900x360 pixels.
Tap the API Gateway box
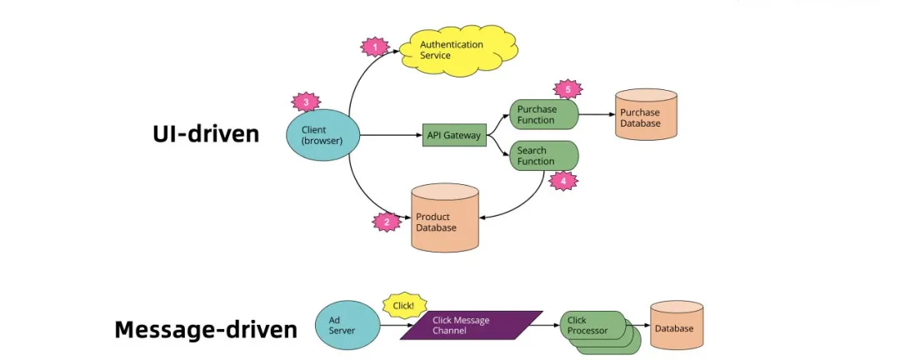454,135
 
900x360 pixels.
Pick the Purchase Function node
544,114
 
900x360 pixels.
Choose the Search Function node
544,156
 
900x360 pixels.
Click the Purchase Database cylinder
646,117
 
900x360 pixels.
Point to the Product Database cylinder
445,218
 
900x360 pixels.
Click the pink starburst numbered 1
374,47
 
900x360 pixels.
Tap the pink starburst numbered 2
385,222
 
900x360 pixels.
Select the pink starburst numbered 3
306,102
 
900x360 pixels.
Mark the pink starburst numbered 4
562,180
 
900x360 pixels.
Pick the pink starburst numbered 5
567,88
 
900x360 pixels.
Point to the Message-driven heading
205,330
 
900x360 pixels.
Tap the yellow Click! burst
404,306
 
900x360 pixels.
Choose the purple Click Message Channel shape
472,326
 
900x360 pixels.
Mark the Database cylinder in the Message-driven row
674,327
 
